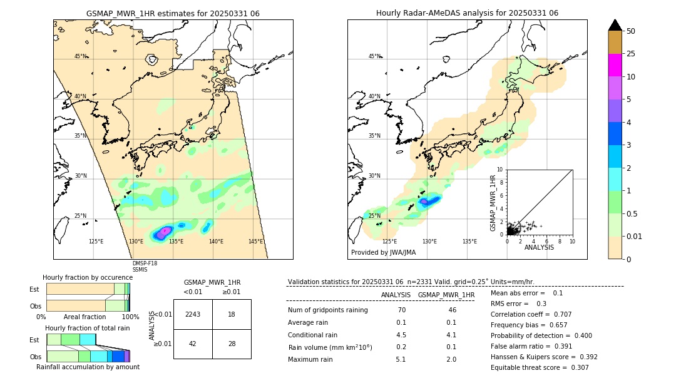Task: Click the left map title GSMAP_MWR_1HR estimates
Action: (173, 13)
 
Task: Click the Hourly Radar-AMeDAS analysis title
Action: (467, 13)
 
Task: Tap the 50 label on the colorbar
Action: (631, 31)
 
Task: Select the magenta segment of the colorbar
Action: (615, 65)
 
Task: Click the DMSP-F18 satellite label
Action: (145, 263)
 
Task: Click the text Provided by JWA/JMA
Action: (383, 252)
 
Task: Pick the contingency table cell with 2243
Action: (193, 314)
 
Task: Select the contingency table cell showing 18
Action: (232, 314)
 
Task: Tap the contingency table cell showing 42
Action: (193, 344)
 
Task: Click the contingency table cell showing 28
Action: (232, 344)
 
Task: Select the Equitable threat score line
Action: (540, 367)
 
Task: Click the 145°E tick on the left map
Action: (255, 242)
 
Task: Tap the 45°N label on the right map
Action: (374, 56)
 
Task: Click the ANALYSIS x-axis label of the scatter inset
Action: (539, 247)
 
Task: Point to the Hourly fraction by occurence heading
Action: (88, 277)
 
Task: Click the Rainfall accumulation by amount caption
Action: (88, 367)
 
